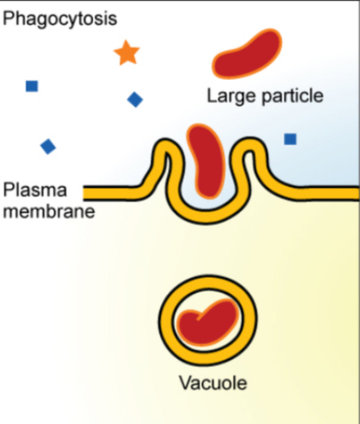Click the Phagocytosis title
point(60,19)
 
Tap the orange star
point(126,53)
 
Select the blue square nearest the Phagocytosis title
point(32,86)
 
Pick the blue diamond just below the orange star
point(135,100)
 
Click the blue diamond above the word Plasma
point(48,146)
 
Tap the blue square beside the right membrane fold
point(290,139)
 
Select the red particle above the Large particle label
point(247,53)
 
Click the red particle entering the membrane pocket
point(206,161)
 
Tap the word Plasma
point(34,190)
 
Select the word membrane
point(49,212)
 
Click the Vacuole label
point(213,383)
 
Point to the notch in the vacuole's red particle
point(199,317)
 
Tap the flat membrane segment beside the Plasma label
point(112,193)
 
